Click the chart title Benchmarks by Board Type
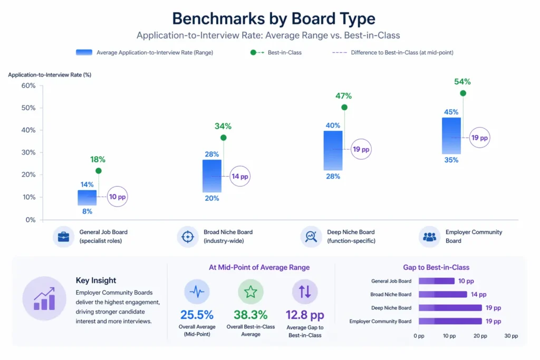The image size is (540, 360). point(274,18)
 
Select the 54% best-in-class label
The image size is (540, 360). point(462,82)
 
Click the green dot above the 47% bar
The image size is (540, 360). point(344,108)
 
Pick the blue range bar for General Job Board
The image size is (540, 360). point(87,198)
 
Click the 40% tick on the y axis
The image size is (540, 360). point(28,130)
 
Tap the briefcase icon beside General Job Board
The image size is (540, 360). point(64,237)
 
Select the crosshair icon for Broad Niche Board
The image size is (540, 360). point(187,237)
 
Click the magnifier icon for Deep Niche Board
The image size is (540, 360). point(311,237)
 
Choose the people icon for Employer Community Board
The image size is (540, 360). point(430,237)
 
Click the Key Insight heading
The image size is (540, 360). point(96,280)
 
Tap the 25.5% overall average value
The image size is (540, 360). point(197,315)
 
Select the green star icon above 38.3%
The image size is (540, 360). point(250,291)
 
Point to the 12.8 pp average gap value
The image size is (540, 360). point(305,315)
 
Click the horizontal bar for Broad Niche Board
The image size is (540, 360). point(442,295)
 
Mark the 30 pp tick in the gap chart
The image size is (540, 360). point(511,336)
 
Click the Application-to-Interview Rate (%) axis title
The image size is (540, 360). point(50,75)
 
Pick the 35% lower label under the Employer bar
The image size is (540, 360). point(451,160)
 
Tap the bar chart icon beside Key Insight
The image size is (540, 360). point(44,298)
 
